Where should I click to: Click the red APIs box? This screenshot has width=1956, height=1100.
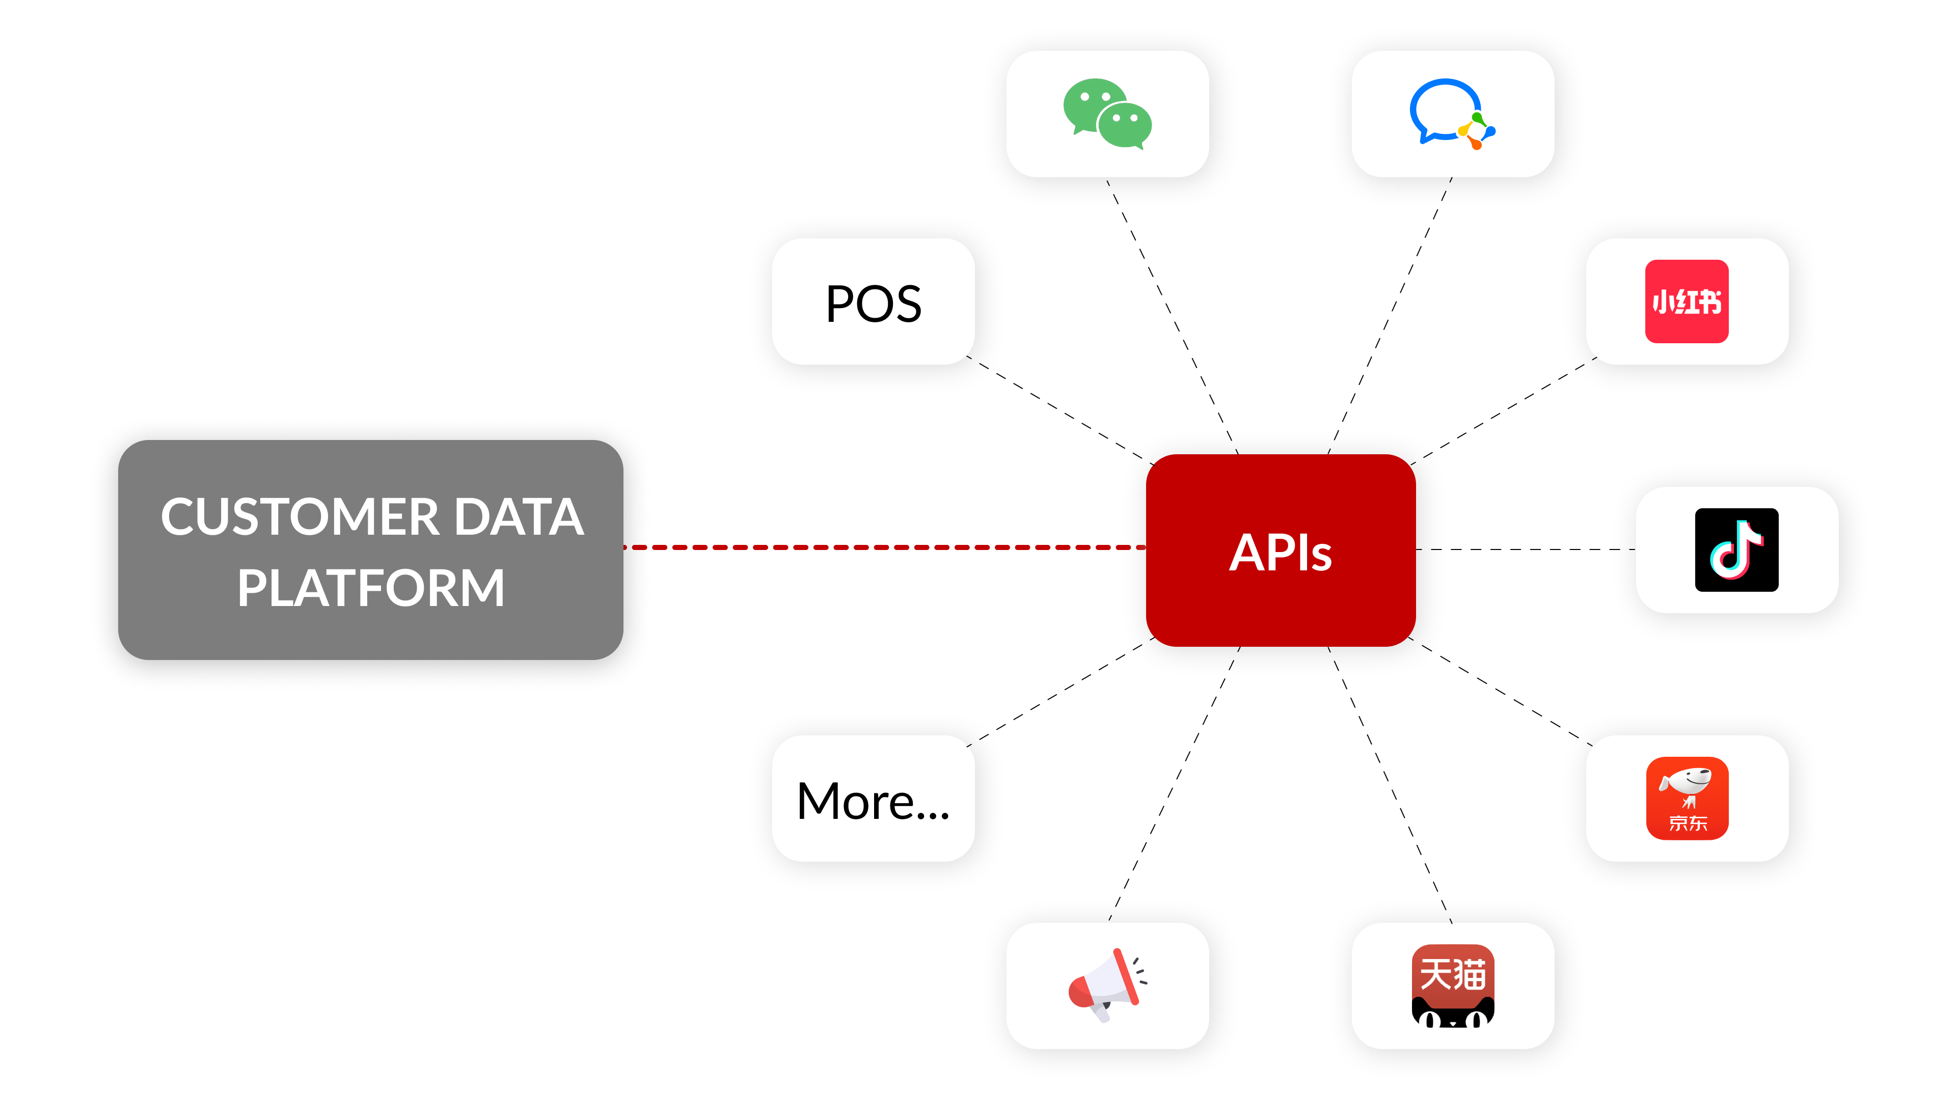(1280, 551)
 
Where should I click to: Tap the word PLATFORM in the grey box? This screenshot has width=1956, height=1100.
(370, 588)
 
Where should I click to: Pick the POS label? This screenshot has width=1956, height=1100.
(873, 303)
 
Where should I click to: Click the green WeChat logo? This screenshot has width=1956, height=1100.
(1107, 114)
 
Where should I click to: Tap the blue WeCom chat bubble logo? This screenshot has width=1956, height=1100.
(1451, 114)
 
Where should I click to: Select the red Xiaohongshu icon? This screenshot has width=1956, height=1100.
(1687, 301)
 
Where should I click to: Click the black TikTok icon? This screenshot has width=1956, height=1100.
(1736, 549)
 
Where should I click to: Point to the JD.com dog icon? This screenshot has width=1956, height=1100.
(1687, 798)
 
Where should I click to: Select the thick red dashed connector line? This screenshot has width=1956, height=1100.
(885, 546)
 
